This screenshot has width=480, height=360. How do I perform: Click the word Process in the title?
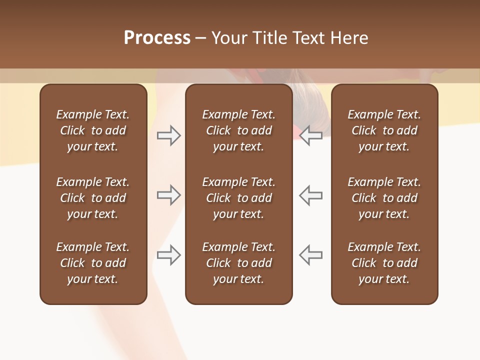[157, 38]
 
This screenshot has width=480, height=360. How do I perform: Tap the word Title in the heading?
[268, 38]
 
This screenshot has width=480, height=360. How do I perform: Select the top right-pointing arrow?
[169, 135]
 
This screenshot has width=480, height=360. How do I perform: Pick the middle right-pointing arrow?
[169, 195]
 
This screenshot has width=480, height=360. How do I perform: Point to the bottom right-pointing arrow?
[169, 255]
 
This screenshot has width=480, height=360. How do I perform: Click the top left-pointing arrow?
[311, 135]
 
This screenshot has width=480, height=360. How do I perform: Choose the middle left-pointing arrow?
[311, 195]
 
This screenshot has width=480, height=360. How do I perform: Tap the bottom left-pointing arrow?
[311, 255]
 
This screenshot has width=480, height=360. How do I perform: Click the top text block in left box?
[93, 130]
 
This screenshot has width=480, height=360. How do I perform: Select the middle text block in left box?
[93, 198]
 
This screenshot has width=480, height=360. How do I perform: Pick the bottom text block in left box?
[93, 263]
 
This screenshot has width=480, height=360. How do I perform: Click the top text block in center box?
[239, 130]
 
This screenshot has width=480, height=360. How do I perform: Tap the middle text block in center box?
[239, 198]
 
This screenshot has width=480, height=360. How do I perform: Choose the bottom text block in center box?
[239, 263]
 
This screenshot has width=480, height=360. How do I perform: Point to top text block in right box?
[384, 130]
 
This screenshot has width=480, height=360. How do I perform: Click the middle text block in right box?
[384, 198]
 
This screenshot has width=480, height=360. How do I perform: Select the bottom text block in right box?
[384, 263]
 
